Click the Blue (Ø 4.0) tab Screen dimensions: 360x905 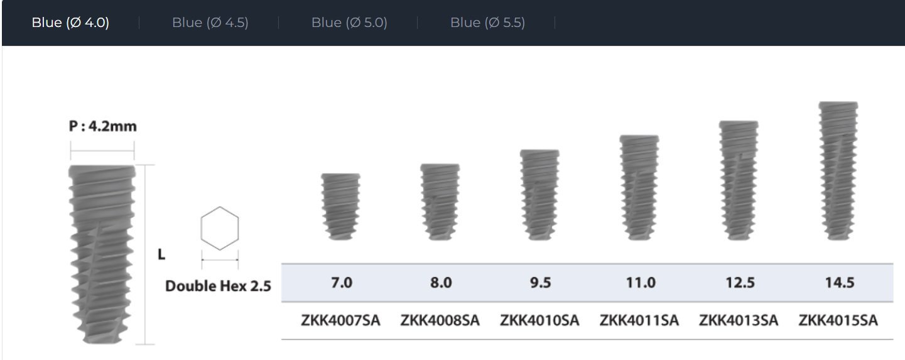(70, 23)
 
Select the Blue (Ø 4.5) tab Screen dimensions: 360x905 (210, 23)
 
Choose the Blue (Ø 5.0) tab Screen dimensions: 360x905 (349, 23)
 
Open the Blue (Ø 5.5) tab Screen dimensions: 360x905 (487, 23)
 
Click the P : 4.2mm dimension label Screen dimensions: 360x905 (102, 126)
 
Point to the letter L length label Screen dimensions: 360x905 (161, 254)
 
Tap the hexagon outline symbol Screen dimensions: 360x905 (220, 229)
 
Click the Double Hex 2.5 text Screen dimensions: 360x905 (218, 286)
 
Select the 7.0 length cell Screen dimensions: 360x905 (342, 283)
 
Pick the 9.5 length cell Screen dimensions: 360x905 (540, 283)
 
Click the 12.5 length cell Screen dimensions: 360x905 (739, 283)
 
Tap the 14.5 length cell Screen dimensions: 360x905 (839, 283)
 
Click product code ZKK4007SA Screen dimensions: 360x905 (341, 320)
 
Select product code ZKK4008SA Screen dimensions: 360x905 (440, 320)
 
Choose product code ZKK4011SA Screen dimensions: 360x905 (639, 320)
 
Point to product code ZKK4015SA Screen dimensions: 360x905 (838, 320)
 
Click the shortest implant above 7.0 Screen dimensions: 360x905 (341, 207)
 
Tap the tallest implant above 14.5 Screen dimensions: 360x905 (838, 171)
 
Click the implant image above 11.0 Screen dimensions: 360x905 (639, 188)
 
